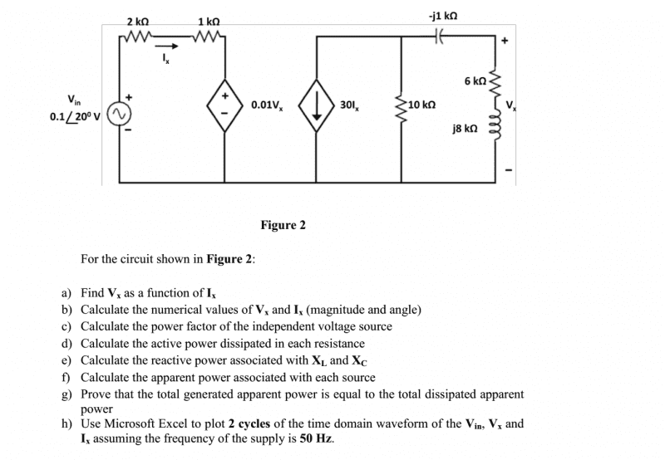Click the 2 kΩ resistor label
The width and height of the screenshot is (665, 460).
pos(138,21)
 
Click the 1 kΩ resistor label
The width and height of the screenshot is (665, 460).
pos(209,21)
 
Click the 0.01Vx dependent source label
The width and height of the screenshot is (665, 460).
pos(268,105)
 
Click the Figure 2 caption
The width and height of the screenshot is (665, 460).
pos(283,225)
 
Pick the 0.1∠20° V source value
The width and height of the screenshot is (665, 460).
pos(76,115)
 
